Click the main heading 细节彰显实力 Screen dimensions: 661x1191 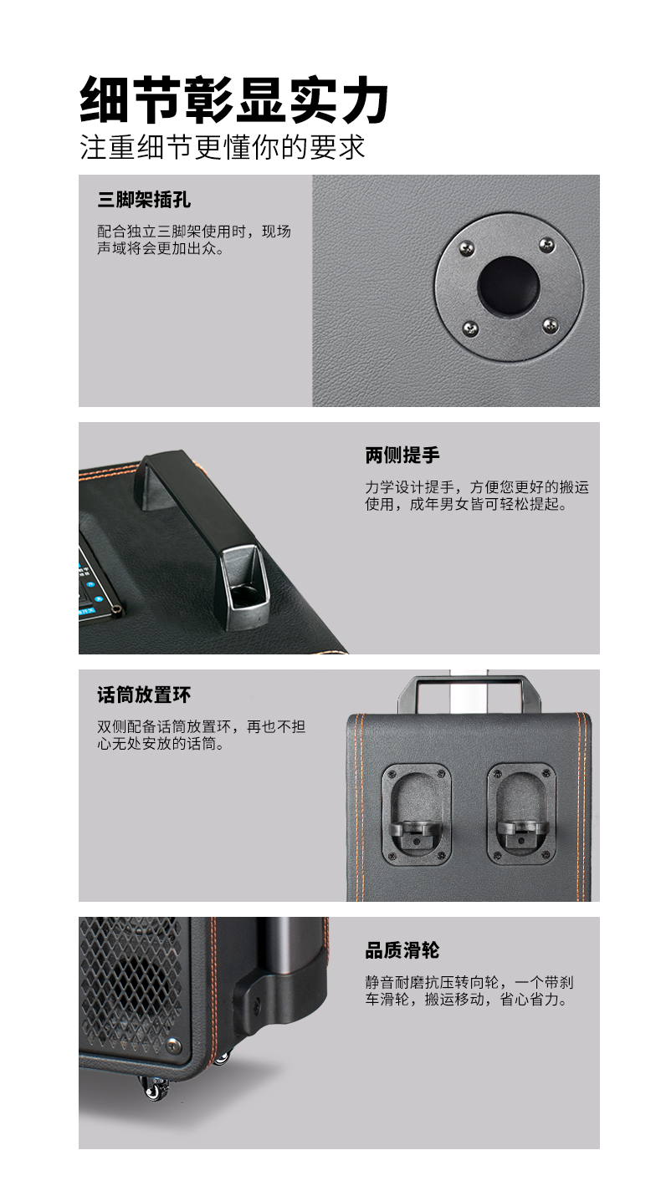pos(234,100)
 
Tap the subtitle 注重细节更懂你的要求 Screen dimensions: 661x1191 pos(223,147)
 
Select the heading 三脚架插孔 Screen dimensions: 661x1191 pos(144,200)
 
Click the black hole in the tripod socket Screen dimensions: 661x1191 pos(508,284)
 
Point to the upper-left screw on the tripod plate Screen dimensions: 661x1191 pos(467,247)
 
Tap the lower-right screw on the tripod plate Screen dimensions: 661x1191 pos(550,325)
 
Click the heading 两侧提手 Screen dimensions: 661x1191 pos(402,456)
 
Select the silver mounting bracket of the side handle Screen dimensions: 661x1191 pos(243,587)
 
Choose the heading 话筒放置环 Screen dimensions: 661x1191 pos(144,695)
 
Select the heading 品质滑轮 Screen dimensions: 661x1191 pos(402,950)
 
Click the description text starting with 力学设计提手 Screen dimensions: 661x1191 pos(477,496)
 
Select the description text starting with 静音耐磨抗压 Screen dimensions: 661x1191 pos(469,990)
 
